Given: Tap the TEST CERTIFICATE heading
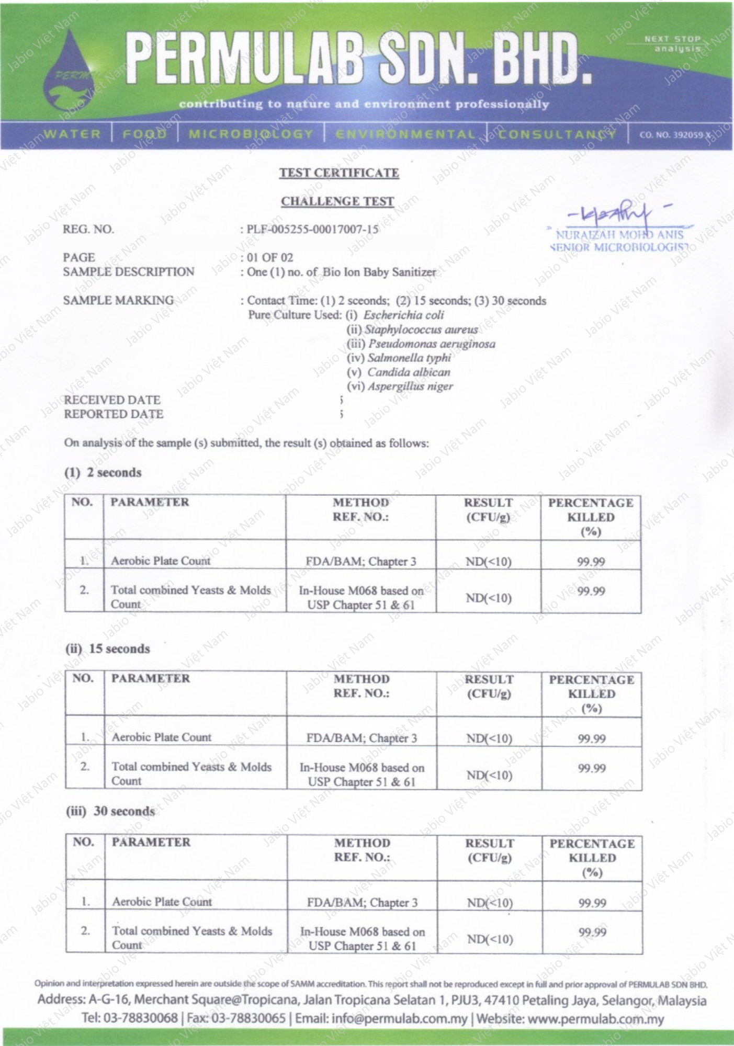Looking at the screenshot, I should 339,173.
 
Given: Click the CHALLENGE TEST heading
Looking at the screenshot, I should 337,201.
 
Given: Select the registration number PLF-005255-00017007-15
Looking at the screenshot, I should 312,229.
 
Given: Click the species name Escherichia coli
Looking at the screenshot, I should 403,315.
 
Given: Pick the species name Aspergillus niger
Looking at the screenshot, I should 410,386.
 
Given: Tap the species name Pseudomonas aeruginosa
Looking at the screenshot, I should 432,344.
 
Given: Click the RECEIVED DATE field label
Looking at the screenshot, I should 112,400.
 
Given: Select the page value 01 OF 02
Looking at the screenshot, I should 270,257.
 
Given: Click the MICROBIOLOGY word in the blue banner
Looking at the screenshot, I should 251,134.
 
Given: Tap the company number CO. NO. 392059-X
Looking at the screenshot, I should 675,135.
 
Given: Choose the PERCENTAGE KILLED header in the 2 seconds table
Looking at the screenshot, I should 591,517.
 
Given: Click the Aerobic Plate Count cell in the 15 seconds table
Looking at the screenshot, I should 162,737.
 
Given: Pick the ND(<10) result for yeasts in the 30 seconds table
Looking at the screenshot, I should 490,939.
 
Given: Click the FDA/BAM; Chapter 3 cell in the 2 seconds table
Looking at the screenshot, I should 361,562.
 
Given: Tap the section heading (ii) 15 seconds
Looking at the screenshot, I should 107,649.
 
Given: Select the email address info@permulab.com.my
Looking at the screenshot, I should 399,1019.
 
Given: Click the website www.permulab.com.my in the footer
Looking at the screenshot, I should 596,1019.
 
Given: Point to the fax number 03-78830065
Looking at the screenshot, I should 247,1019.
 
